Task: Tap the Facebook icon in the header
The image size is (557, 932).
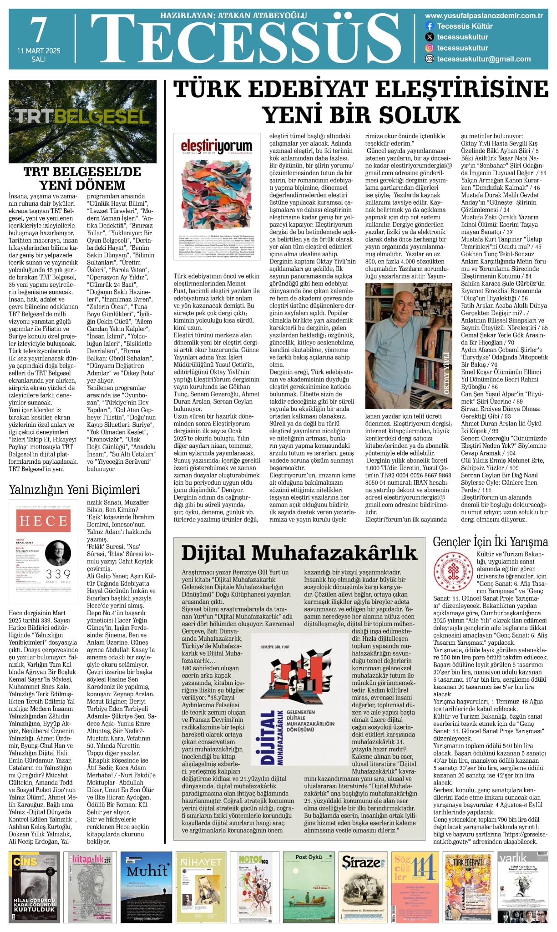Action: click(x=429, y=26)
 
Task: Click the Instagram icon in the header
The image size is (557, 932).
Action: click(x=429, y=48)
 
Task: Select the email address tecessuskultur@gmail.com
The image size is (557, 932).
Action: click(x=484, y=59)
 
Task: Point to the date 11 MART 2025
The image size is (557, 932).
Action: click(x=39, y=51)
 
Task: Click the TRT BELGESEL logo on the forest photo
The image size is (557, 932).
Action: click(x=82, y=116)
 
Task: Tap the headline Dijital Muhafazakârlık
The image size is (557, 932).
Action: click(x=299, y=552)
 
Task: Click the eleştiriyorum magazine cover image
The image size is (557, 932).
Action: click(x=217, y=197)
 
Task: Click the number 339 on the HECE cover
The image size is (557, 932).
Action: click(x=58, y=575)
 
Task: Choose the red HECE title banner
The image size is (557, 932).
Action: click(x=43, y=521)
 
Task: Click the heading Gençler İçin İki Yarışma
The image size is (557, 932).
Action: click(x=490, y=542)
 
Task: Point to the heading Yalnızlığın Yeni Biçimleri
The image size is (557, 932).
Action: click(x=74, y=490)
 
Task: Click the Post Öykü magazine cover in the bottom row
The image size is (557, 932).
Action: click(x=309, y=887)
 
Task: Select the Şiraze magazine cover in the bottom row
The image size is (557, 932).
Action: click(x=363, y=887)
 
